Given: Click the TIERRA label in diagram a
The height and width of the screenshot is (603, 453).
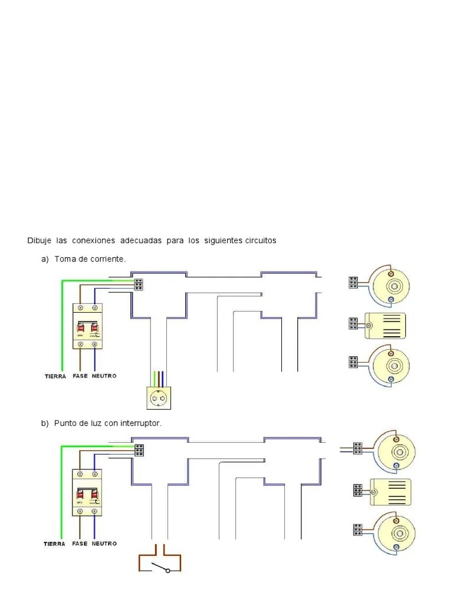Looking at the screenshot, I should point(55,376).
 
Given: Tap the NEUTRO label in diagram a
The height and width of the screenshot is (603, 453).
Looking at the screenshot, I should point(104,376).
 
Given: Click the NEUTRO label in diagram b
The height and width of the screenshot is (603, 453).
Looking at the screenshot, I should point(104,544).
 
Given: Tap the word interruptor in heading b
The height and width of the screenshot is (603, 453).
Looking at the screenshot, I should point(140,423).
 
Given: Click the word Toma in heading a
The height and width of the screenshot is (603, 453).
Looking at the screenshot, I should point(64,259).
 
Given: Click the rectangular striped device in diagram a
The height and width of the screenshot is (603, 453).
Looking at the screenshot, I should point(386,324).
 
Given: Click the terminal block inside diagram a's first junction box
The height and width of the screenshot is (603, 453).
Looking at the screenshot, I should point(140,284).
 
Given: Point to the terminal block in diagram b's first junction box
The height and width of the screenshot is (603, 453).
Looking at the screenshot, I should point(140,450).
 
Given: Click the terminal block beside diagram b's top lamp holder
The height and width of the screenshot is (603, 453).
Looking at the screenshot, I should point(357,449).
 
